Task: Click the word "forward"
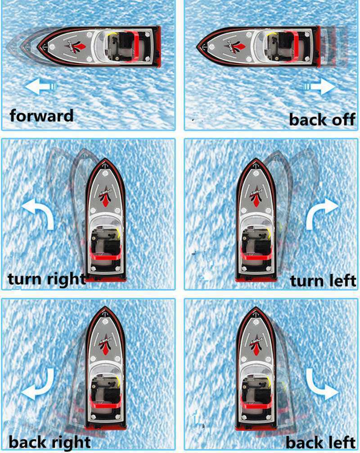tap(41, 116)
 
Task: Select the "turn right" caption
tap(47, 279)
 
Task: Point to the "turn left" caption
tap(323, 281)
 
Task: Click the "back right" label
tap(49, 442)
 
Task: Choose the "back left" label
tap(321, 442)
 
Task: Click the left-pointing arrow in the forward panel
tap(41, 86)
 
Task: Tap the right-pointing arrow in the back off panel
tap(319, 87)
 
